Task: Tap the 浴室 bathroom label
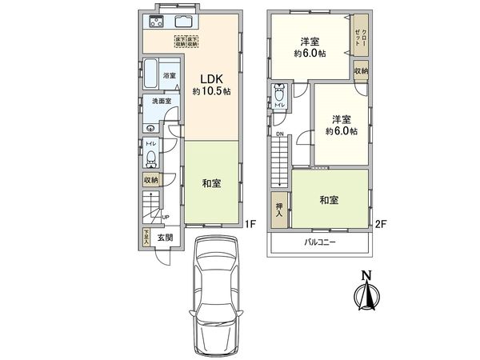click(169, 76)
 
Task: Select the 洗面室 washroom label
click(162, 102)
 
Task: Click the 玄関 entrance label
click(164, 238)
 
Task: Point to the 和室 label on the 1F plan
click(211, 183)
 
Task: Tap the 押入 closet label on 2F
click(280, 209)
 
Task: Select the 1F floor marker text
click(250, 225)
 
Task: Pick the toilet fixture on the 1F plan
click(151, 157)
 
